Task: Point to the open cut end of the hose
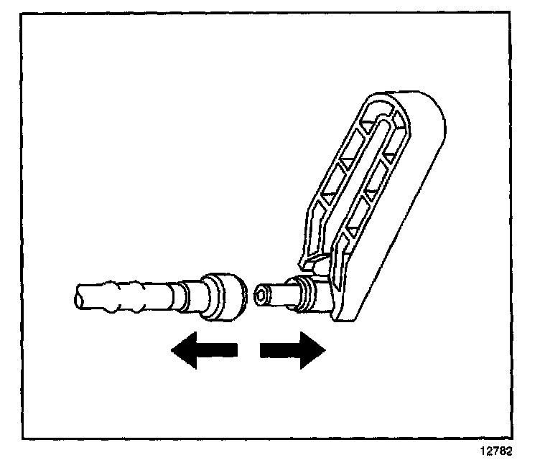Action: click(78, 296)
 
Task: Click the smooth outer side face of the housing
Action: click(409, 215)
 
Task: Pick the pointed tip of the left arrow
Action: click(172, 349)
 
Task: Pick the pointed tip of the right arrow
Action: click(326, 349)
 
